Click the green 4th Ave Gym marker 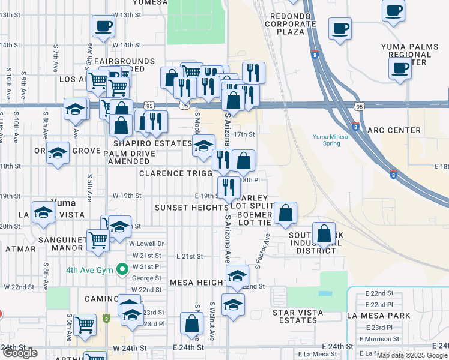point(123,269)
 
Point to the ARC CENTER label point(394,130)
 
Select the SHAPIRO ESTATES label point(151,143)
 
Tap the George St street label point(146,278)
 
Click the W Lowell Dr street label point(146,244)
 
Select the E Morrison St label point(379,339)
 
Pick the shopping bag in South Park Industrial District point(324,233)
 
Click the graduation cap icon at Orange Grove point(58,152)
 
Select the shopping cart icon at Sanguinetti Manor point(98,239)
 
